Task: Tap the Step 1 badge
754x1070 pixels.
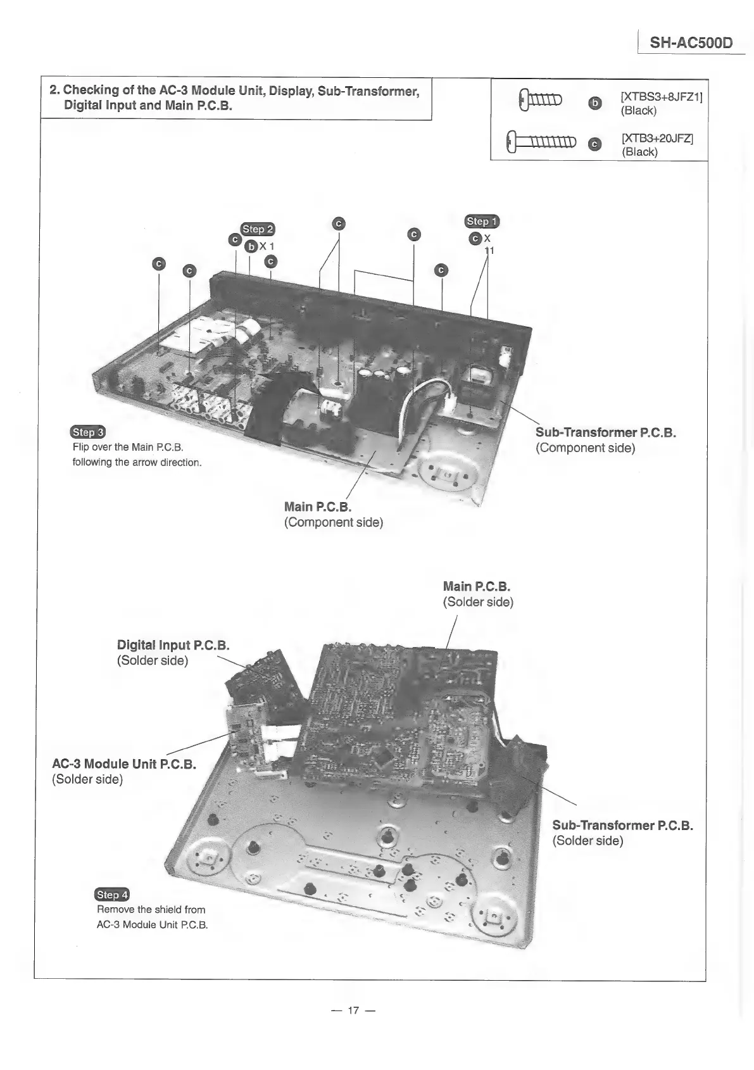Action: (x=482, y=221)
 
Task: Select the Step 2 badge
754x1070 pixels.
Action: (x=258, y=229)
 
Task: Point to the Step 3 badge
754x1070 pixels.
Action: (x=89, y=432)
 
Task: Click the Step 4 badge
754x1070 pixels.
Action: (x=111, y=895)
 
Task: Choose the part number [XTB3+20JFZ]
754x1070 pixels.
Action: (x=657, y=138)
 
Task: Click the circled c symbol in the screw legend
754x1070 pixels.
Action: (x=594, y=145)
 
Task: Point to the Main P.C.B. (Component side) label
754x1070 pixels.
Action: (x=333, y=514)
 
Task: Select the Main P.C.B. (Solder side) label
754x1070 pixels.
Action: (x=477, y=594)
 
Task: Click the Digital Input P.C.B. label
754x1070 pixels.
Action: (x=173, y=652)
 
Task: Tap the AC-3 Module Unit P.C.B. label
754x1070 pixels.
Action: (x=124, y=771)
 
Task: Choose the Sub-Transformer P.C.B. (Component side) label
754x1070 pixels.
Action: (x=605, y=440)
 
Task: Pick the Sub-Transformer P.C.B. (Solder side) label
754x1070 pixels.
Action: (x=622, y=833)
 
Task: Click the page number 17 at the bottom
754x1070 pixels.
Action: (x=353, y=1010)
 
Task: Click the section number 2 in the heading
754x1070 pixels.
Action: (x=54, y=91)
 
